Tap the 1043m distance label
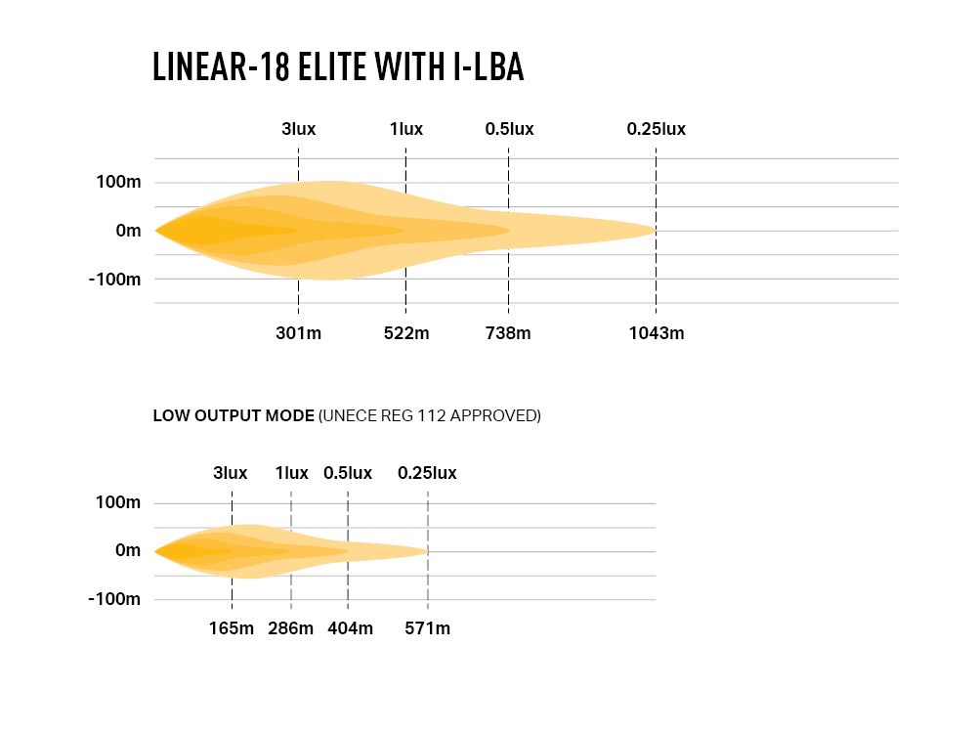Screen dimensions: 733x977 click(657, 333)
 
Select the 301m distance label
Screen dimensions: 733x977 click(298, 333)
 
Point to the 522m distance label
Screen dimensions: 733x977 click(406, 333)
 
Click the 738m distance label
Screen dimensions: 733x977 click(508, 333)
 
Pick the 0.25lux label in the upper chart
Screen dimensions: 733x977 click(657, 129)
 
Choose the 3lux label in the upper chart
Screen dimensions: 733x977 click(298, 129)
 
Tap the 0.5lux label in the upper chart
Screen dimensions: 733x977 click(509, 129)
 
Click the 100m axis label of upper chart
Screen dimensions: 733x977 click(118, 183)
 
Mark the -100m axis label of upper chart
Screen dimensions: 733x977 click(114, 280)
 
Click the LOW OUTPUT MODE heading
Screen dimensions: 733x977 click(234, 415)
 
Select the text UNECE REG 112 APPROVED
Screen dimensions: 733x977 click(430, 415)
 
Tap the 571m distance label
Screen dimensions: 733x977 click(428, 628)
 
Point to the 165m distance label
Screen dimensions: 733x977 click(232, 628)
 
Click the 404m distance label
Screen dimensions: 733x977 click(349, 628)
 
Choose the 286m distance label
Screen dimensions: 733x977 click(291, 628)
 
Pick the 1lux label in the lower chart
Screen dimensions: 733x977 click(291, 473)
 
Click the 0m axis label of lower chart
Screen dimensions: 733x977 click(128, 551)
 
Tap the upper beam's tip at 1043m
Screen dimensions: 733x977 click(654, 231)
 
